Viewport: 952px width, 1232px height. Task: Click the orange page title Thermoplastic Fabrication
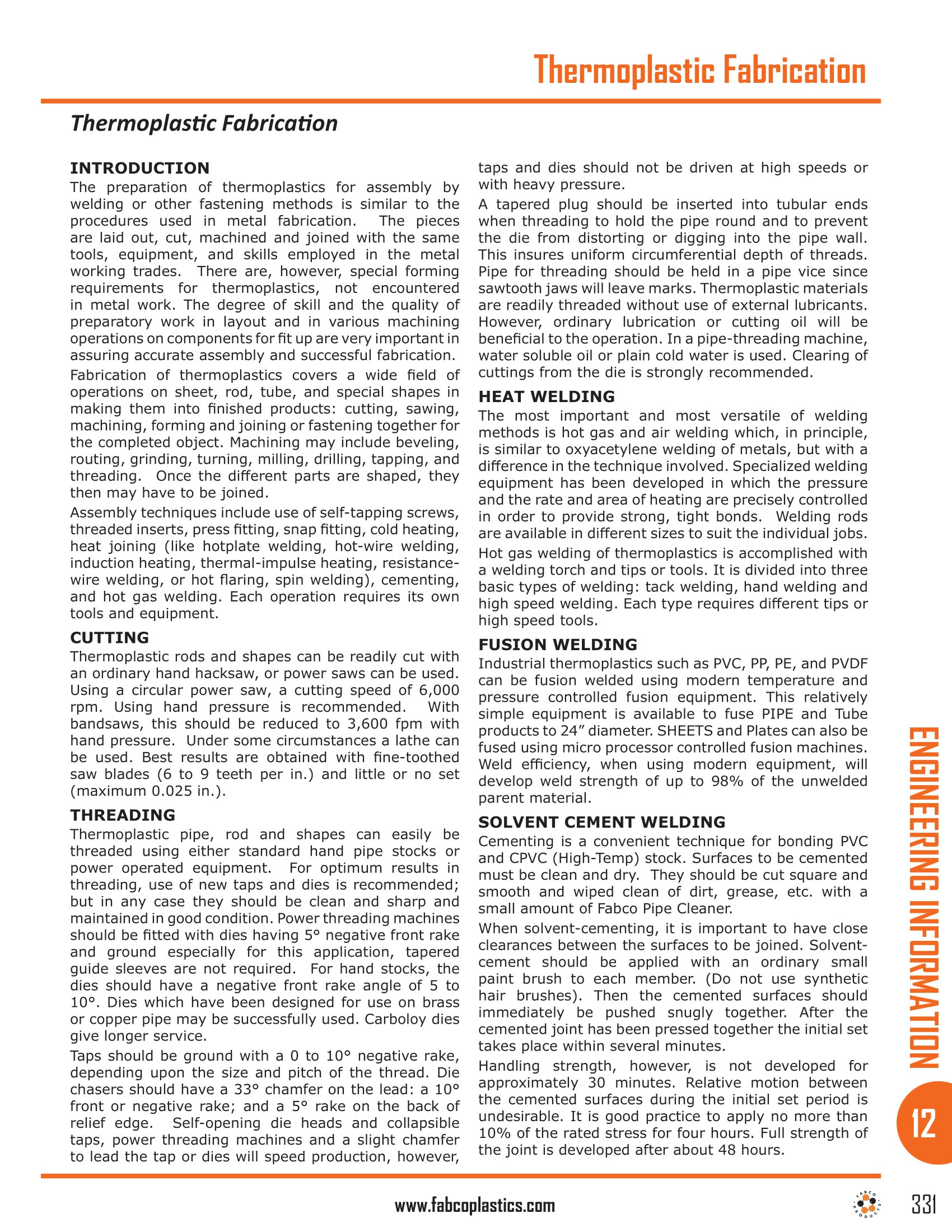point(699,70)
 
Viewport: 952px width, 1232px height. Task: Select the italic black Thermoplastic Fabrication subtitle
point(204,123)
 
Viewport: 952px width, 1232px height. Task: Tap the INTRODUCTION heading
point(139,168)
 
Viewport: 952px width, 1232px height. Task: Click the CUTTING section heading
point(109,637)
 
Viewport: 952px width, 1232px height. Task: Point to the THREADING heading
point(123,815)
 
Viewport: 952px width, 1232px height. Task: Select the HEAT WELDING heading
point(547,396)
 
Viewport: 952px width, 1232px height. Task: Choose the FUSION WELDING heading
point(558,644)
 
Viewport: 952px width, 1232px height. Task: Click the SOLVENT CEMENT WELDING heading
point(602,822)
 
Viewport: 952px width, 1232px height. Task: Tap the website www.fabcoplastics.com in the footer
point(475,1206)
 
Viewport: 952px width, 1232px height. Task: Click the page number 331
point(924,1205)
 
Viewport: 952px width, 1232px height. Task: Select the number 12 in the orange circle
point(923,1123)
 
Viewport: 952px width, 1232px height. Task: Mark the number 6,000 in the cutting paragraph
point(439,690)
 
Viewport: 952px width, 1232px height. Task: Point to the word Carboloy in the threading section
point(391,1019)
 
